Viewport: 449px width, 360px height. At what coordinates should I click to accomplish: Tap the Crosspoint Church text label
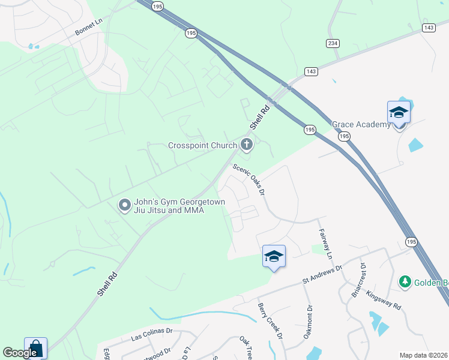[202, 146]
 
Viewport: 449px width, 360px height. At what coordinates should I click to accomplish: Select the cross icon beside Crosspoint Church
[246, 144]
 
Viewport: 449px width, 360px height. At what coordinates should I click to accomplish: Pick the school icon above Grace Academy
[399, 112]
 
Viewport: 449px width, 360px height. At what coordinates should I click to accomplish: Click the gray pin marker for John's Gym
[125, 206]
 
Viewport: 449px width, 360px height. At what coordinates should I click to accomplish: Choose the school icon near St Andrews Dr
[274, 256]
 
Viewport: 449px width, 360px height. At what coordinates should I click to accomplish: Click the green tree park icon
[405, 281]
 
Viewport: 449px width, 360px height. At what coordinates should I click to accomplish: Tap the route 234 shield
[333, 43]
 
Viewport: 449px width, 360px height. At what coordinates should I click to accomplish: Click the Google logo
[20, 353]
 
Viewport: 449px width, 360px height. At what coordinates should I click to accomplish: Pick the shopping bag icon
[35, 348]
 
